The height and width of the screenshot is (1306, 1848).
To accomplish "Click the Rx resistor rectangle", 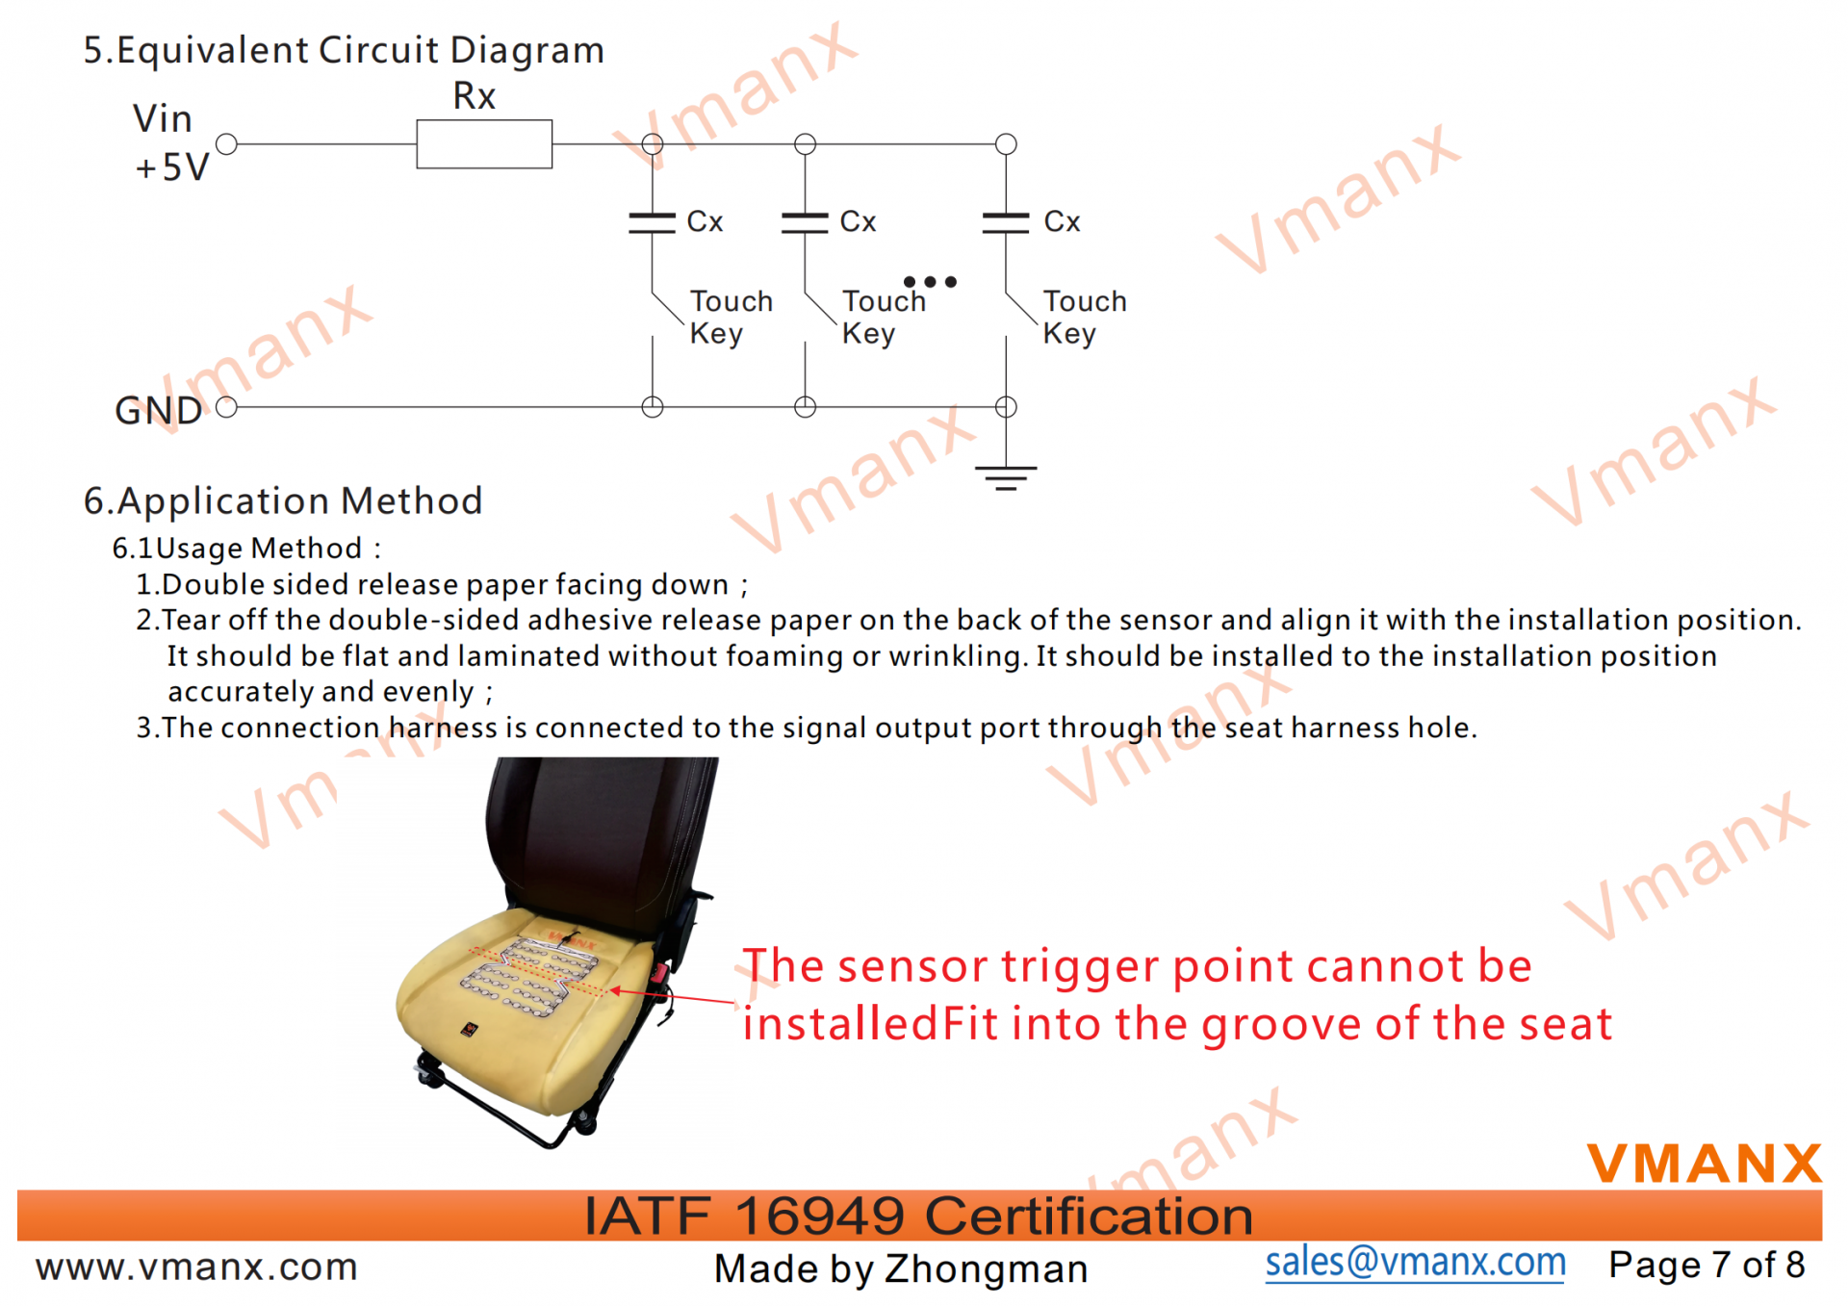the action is click(x=484, y=144).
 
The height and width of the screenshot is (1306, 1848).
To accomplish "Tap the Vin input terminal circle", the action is click(x=227, y=144).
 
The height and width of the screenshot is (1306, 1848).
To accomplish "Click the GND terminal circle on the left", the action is click(x=227, y=407).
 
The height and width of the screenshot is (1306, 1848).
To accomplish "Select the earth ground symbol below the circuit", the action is click(x=1006, y=477).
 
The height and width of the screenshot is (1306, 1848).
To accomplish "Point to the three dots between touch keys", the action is click(x=930, y=282).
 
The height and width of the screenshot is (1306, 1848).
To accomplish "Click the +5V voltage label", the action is click(x=172, y=167).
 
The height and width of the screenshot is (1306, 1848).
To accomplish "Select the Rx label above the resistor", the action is click(x=475, y=96).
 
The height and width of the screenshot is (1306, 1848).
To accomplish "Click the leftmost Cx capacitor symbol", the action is click(x=653, y=223).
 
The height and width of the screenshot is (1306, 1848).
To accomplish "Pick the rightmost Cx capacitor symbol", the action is click(x=1006, y=223).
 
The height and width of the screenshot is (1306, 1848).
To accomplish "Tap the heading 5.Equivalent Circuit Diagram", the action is click(x=344, y=50).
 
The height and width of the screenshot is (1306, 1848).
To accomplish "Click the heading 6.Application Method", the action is click(x=283, y=501).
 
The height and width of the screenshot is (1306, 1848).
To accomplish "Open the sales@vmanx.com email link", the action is click(x=1415, y=1263).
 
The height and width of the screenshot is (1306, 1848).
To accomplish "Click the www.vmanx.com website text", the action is click(x=196, y=1267).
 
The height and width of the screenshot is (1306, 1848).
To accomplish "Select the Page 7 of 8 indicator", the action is click(x=1707, y=1265).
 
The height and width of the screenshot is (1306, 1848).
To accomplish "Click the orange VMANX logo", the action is click(x=1704, y=1163).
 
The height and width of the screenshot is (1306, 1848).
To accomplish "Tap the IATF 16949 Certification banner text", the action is click(x=918, y=1216).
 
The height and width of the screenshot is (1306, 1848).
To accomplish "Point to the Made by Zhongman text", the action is click(x=901, y=1268).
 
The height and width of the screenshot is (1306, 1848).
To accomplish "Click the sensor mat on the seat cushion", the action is click(x=529, y=975).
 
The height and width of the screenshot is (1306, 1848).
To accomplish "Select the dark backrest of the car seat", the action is click(x=597, y=837).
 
